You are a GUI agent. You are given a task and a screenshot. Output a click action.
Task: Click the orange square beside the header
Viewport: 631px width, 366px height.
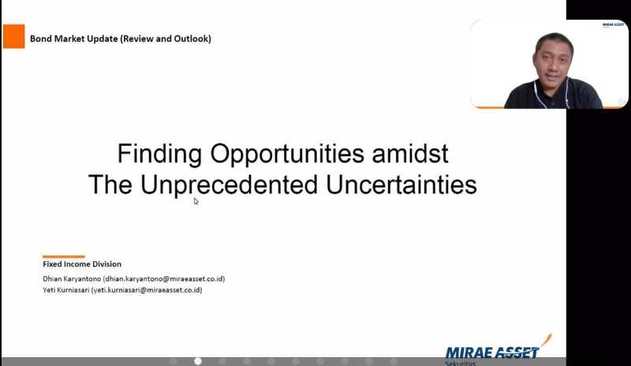pyautogui.click(x=13, y=36)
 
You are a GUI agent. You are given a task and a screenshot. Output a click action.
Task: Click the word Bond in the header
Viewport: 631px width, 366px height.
pyautogui.click(x=41, y=39)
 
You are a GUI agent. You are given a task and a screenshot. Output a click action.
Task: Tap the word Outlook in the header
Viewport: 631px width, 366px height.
pyautogui.click(x=191, y=39)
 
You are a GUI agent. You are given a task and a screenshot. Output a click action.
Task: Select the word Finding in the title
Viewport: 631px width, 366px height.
pyautogui.click(x=160, y=153)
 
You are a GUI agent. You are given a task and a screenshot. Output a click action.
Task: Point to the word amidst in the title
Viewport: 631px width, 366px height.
pyautogui.click(x=410, y=153)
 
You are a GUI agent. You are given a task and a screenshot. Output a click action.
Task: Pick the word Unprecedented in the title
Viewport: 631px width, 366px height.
pyautogui.click(x=229, y=185)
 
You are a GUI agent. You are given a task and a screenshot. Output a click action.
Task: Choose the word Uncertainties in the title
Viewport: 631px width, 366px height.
pyautogui.click(x=401, y=185)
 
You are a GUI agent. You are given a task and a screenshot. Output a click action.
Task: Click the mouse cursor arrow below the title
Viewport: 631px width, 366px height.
pyautogui.click(x=196, y=201)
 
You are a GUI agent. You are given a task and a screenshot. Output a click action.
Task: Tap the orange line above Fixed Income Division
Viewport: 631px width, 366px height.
pyautogui.click(x=64, y=256)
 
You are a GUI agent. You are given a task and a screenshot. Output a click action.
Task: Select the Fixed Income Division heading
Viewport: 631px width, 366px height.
pyautogui.click(x=82, y=264)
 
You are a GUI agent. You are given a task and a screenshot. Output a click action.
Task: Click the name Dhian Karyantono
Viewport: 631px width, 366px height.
pyautogui.click(x=72, y=278)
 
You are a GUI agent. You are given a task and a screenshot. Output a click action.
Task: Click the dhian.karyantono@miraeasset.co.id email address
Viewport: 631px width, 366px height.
pyautogui.click(x=164, y=278)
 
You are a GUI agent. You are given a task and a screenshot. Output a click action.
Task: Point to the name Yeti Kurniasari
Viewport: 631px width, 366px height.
pyautogui.click(x=66, y=290)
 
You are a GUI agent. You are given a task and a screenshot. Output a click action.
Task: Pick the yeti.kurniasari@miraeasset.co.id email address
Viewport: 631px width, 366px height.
pyautogui.click(x=147, y=290)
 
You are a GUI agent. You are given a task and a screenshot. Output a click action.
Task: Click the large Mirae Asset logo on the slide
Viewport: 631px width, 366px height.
pyautogui.click(x=498, y=349)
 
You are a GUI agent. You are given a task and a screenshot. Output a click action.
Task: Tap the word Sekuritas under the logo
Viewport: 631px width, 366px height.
pyautogui.click(x=461, y=363)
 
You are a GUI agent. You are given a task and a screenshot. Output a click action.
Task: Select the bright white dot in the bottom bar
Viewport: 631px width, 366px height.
pyautogui.click(x=198, y=361)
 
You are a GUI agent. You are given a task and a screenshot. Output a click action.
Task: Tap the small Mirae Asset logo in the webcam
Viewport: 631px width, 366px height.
pyautogui.click(x=613, y=25)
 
